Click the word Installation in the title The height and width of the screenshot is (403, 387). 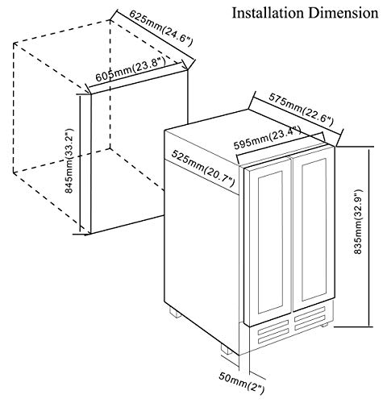click(268, 13)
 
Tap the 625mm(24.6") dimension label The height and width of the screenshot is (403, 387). click(160, 28)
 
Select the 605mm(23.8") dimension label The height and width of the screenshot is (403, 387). click(131, 69)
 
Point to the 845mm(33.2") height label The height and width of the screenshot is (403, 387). click(69, 160)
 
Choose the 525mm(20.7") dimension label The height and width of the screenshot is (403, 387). click(203, 168)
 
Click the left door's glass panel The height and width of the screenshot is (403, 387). click(270, 242)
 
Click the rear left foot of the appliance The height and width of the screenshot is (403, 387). click(175, 313)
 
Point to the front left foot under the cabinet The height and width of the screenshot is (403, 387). click(227, 349)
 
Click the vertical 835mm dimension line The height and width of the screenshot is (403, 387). click(369, 237)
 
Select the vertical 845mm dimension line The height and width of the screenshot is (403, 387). click(80, 164)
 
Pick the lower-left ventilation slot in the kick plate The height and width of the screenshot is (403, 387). click(273, 339)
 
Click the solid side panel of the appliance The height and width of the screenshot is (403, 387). click(202, 252)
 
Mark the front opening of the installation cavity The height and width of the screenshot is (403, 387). click(139, 152)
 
